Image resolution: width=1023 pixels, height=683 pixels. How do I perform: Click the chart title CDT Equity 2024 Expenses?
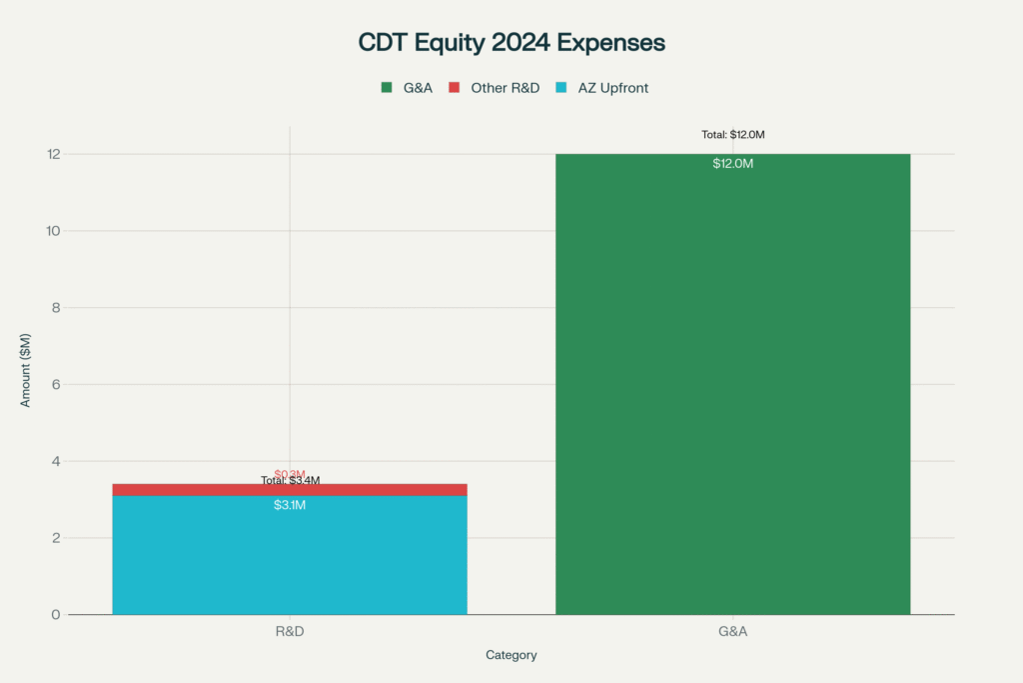pyautogui.click(x=511, y=43)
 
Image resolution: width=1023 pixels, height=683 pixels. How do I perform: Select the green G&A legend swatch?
pyautogui.click(x=387, y=88)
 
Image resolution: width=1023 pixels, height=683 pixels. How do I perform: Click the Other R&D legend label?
pyautogui.click(x=505, y=88)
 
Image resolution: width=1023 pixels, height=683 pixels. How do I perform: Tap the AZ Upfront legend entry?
pyautogui.click(x=612, y=88)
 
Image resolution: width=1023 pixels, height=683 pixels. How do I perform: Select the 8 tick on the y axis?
pyautogui.click(x=55, y=308)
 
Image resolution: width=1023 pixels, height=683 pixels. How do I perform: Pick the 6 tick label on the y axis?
pyautogui.click(x=55, y=385)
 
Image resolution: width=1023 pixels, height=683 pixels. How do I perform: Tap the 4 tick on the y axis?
pyautogui.click(x=55, y=461)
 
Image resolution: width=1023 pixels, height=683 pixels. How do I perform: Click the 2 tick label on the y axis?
pyautogui.click(x=55, y=538)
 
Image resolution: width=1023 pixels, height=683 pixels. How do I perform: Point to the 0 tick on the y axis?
pyautogui.click(x=55, y=615)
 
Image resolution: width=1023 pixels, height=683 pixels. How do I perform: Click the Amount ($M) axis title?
pyautogui.click(x=27, y=385)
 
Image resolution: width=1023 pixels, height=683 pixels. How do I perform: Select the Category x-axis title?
pyautogui.click(x=511, y=655)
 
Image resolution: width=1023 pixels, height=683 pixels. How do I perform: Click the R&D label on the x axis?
pyautogui.click(x=290, y=632)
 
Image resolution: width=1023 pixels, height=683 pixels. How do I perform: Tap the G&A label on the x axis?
pyautogui.click(x=733, y=632)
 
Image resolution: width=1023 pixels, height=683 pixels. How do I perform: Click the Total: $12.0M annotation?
pyautogui.click(x=732, y=135)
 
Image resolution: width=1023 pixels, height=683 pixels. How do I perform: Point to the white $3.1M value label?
pyautogui.click(x=290, y=505)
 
